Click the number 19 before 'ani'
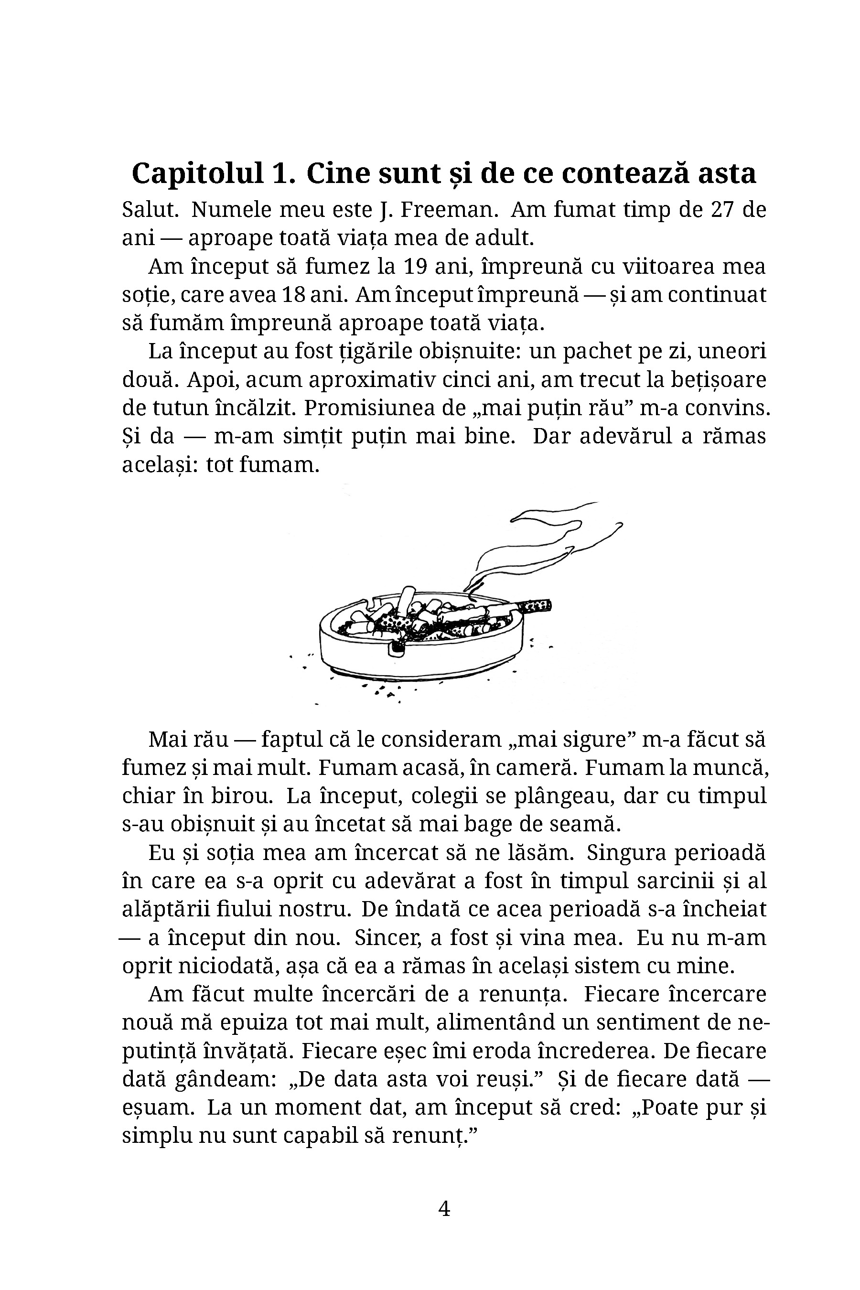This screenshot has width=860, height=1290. click(415, 267)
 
